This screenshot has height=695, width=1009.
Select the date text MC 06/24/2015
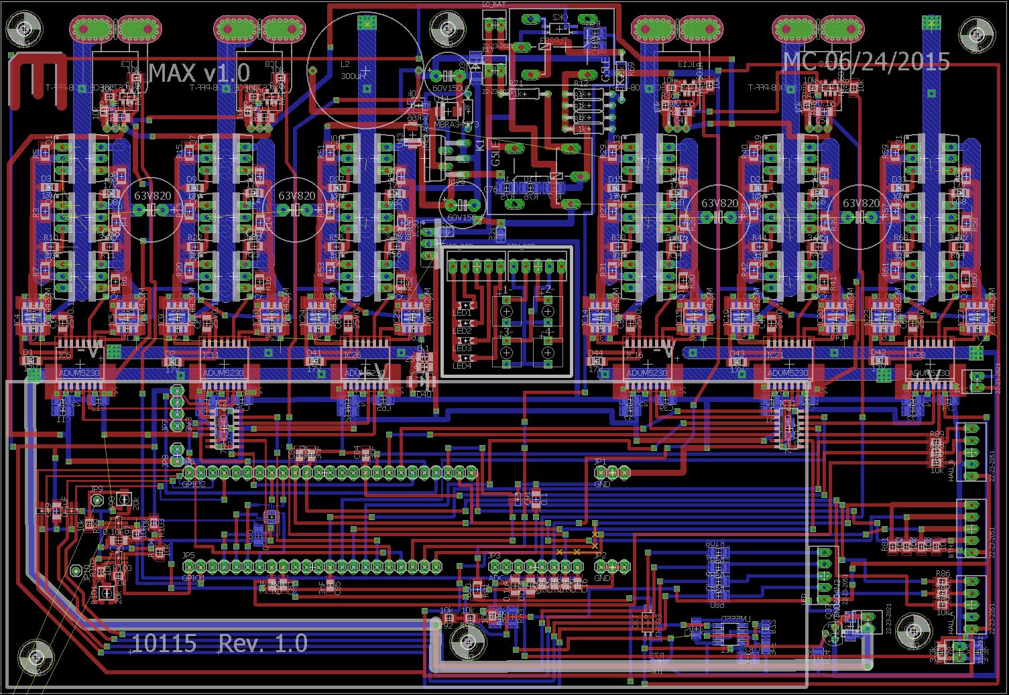[x=866, y=62]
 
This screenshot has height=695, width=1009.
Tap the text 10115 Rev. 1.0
[x=219, y=643]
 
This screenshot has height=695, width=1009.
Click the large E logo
[x=37, y=80]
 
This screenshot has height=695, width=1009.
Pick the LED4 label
[x=463, y=366]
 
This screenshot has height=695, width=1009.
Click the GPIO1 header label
[x=194, y=577]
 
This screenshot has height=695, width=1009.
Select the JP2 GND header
[x=611, y=567]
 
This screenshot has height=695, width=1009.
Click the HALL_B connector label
[x=951, y=465]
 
